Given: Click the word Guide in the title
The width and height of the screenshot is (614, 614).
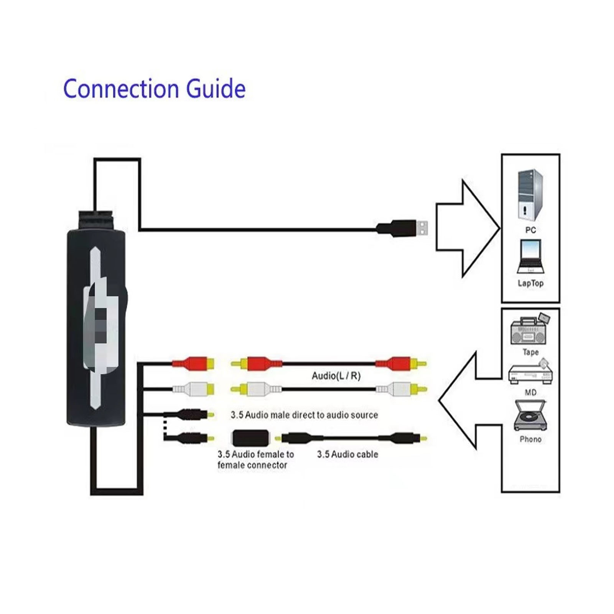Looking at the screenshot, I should [x=216, y=89].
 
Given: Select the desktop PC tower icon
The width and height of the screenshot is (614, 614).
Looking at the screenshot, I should [x=530, y=196].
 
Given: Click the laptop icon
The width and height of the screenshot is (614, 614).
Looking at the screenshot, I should [x=530, y=256].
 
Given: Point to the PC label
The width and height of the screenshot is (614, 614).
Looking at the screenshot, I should [x=530, y=230].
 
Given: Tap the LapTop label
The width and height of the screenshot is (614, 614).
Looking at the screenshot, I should [x=530, y=283].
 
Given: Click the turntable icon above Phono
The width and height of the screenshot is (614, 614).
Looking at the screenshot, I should [x=530, y=415].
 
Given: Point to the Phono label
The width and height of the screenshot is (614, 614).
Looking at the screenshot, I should [x=530, y=439].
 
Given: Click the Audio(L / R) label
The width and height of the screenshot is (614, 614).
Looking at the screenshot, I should [x=336, y=376].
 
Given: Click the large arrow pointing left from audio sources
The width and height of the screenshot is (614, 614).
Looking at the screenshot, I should [x=470, y=400].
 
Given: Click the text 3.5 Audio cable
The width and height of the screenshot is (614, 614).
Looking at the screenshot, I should [x=347, y=454].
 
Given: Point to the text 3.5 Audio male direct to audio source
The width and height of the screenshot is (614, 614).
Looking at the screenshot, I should [x=304, y=415].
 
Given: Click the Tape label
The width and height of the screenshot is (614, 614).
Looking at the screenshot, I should [x=530, y=352].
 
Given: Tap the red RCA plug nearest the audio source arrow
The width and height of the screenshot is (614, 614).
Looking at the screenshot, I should [x=400, y=363].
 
